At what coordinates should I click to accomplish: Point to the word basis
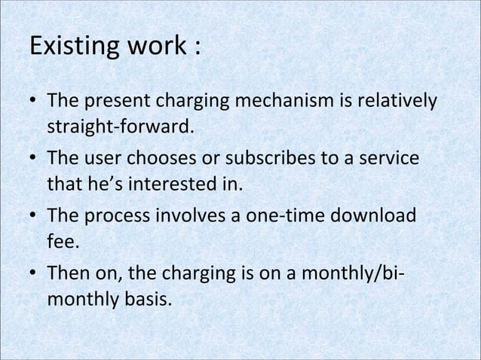point(143,303)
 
